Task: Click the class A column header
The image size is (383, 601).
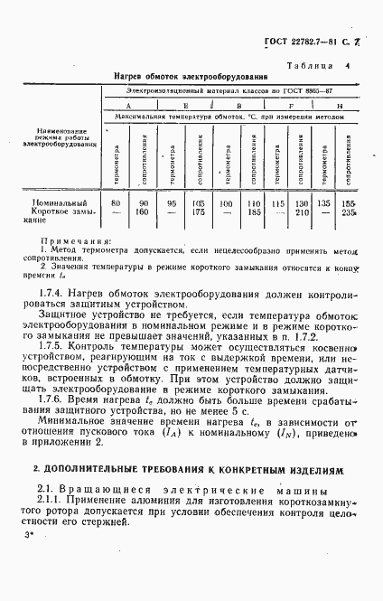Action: point(128,106)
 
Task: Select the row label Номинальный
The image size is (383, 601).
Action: point(59,204)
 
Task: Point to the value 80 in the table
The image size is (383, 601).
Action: point(115,204)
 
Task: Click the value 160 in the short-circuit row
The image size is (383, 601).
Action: point(142,213)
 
